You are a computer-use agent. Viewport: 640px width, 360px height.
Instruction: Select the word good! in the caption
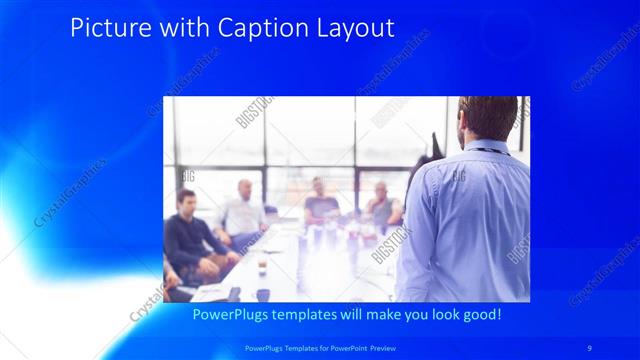(x=478, y=314)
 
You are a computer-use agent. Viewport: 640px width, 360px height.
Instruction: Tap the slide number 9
(x=590, y=347)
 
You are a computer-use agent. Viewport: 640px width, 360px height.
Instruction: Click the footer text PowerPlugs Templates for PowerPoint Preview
(x=320, y=347)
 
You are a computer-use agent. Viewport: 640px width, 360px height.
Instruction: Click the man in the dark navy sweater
(x=190, y=240)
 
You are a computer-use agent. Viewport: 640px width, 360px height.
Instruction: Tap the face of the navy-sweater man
(x=187, y=202)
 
